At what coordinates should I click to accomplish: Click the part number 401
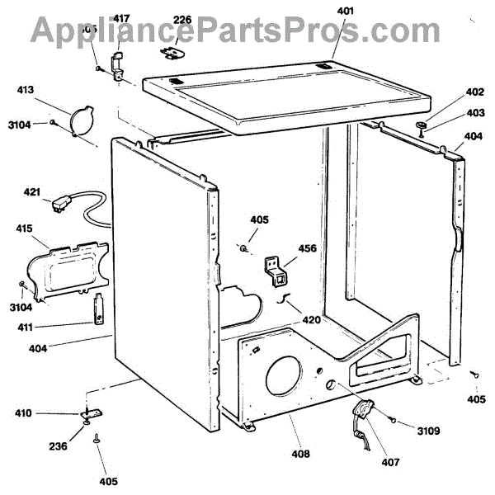click(344, 12)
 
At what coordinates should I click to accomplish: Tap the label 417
click(120, 18)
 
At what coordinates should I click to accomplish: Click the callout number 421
click(32, 192)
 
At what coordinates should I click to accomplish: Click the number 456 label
click(305, 248)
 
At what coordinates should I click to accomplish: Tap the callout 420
click(310, 320)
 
